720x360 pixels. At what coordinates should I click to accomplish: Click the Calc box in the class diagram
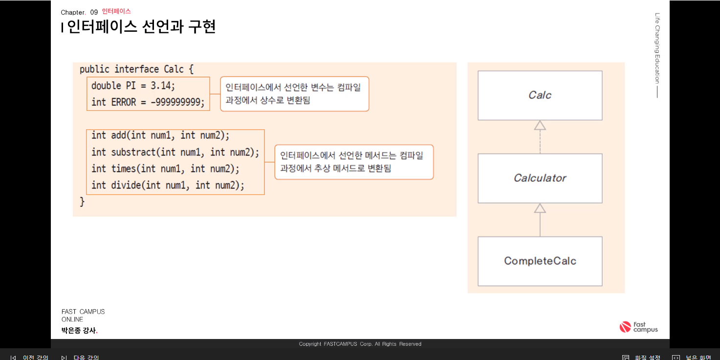click(540, 95)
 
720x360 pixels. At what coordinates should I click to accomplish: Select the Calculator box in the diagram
click(540, 178)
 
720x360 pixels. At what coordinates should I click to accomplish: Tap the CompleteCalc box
click(540, 261)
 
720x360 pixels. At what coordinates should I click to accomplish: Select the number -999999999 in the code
click(178, 102)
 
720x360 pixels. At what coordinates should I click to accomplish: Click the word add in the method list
click(119, 135)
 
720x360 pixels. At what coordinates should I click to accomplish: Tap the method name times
click(124, 169)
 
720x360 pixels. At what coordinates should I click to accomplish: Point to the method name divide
click(126, 185)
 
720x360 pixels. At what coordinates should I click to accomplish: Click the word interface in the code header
click(136, 69)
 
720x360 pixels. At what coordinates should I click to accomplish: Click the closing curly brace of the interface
click(82, 201)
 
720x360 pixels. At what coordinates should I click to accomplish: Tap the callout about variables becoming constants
click(294, 94)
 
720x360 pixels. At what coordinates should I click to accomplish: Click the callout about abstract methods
click(354, 162)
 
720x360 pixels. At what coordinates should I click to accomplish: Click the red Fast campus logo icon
click(625, 327)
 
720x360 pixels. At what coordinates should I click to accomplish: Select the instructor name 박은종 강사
click(79, 331)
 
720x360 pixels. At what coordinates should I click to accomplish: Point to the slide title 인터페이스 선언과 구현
click(141, 26)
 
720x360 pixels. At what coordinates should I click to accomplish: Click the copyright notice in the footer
click(360, 344)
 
